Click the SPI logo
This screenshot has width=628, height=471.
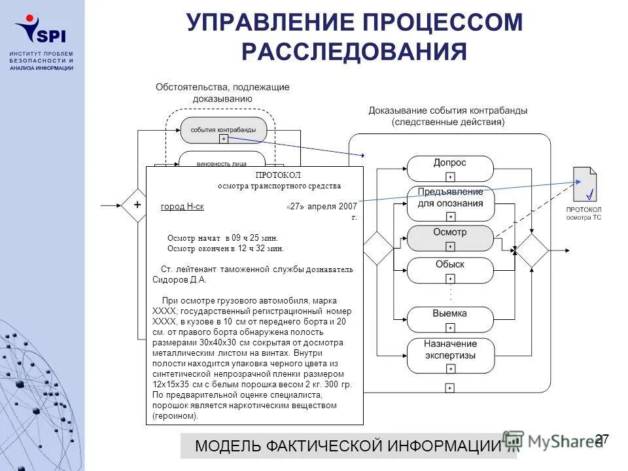tap(41, 29)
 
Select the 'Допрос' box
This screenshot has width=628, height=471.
tap(450, 164)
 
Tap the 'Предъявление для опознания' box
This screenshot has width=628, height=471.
tap(450, 198)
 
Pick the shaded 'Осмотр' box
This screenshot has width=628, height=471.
tap(450, 234)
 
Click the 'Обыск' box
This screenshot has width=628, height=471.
tap(450, 266)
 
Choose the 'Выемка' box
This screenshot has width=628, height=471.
tap(450, 315)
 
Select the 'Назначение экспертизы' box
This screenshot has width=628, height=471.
tap(450, 351)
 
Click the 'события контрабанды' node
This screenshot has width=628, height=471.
tap(224, 130)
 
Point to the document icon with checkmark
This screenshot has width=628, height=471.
tap(585, 184)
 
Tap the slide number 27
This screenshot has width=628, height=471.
tap(602, 439)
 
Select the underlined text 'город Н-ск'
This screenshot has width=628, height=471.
tap(183, 207)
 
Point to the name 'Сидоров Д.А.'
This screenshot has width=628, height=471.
tap(179, 279)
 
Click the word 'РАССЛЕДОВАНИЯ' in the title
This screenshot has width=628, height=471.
tap(354, 52)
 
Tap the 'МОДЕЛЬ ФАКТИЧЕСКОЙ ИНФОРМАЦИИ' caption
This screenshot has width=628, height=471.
tap(348, 446)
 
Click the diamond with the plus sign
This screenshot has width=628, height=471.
tap(137, 205)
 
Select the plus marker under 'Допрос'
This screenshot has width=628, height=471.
tap(450, 177)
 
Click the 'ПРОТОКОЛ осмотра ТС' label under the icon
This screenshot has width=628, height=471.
tap(584, 213)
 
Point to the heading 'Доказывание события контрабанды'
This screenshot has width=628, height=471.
tap(448, 111)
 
